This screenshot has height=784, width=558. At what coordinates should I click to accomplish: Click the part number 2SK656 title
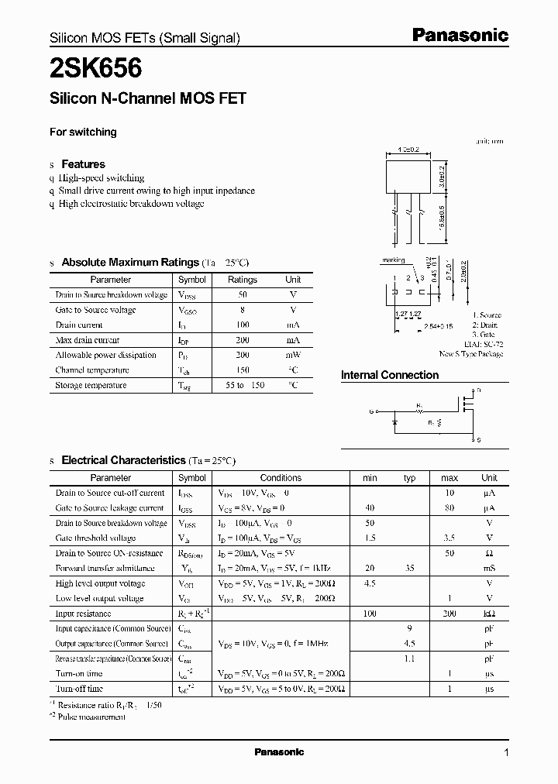click(95, 70)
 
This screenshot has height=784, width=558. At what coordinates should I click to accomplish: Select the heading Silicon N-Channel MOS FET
click(147, 98)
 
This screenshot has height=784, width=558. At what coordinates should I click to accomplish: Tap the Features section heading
click(83, 164)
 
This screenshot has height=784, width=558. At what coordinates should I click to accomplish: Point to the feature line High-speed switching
click(102, 178)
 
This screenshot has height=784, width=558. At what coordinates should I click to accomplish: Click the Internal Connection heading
click(390, 375)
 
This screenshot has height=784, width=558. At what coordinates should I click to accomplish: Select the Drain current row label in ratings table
click(79, 325)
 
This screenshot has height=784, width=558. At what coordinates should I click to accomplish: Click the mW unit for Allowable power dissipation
click(293, 355)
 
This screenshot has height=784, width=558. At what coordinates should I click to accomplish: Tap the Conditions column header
click(280, 478)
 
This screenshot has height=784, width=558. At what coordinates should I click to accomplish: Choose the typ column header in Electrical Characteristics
click(410, 478)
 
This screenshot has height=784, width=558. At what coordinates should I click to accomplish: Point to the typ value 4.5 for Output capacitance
click(410, 643)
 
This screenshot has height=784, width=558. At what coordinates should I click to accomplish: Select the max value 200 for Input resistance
click(450, 614)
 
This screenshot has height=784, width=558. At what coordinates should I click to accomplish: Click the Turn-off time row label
click(79, 688)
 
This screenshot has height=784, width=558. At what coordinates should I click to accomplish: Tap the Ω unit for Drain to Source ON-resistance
click(489, 553)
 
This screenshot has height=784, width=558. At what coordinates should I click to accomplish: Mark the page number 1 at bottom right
click(506, 752)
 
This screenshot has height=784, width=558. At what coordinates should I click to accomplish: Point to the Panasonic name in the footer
click(279, 752)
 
